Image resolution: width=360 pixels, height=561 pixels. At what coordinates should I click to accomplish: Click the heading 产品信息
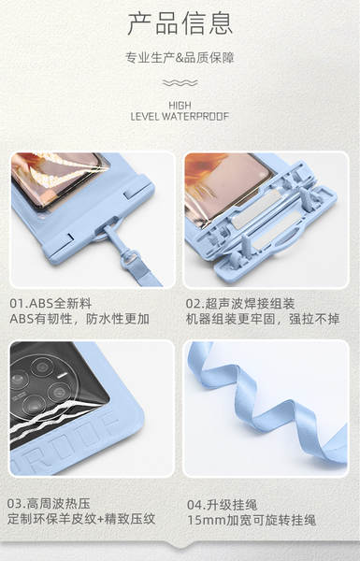click(x=180, y=23)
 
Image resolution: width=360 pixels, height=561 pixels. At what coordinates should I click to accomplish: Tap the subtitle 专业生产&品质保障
click(x=180, y=58)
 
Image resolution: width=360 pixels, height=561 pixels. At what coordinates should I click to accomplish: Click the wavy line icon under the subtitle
click(x=180, y=83)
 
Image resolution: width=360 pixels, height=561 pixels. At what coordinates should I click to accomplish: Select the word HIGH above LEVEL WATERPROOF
click(x=180, y=106)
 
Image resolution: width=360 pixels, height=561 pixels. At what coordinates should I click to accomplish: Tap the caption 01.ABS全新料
click(x=50, y=303)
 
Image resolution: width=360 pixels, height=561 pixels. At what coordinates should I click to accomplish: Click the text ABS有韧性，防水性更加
click(x=79, y=319)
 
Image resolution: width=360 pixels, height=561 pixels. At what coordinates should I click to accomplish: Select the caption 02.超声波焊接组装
click(x=240, y=303)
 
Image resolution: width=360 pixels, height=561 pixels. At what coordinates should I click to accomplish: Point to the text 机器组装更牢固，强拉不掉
click(x=263, y=319)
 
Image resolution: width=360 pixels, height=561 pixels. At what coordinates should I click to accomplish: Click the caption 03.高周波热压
click(x=49, y=503)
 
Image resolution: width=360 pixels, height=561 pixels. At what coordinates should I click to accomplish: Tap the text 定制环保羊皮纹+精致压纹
click(x=81, y=519)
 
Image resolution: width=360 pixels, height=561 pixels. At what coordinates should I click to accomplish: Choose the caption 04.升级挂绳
click(x=223, y=505)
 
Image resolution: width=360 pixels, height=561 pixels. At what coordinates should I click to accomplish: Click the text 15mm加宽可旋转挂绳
click(x=252, y=520)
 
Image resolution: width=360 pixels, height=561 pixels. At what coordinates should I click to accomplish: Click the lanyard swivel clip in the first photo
click(x=130, y=258)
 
